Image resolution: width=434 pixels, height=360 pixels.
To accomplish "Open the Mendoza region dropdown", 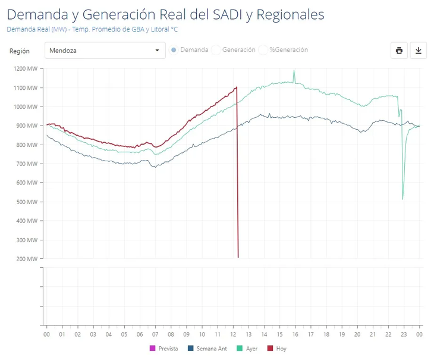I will [x=105, y=51].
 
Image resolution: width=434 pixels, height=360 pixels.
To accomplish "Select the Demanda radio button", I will [x=174, y=50].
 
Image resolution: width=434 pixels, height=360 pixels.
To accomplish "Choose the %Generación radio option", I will [x=264, y=50].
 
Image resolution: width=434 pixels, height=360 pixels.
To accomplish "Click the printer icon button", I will [x=399, y=51].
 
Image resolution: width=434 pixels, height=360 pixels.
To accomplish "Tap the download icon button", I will [x=418, y=51].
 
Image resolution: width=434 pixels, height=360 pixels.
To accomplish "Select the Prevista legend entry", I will [x=164, y=349].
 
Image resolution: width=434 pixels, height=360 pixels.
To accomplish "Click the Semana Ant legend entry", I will [x=207, y=349].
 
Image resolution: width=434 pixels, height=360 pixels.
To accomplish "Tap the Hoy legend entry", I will [x=277, y=349].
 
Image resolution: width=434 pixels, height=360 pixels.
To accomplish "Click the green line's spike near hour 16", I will [x=294, y=71].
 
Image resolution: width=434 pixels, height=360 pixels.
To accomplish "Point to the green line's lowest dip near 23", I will [x=403, y=199].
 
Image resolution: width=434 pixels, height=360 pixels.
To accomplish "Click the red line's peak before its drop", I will [x=237, y=87].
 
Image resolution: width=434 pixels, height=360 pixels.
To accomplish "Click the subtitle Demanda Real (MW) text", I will [x=92, y=29].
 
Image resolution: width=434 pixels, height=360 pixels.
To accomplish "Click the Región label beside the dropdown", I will [x=20, y=51].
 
